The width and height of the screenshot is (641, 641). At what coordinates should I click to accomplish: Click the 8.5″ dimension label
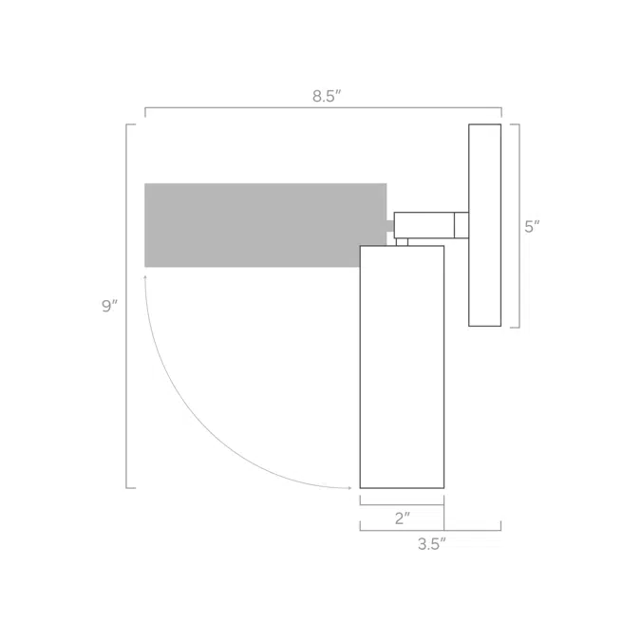[327, 96]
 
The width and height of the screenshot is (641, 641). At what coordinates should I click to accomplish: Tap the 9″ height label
[109, 306]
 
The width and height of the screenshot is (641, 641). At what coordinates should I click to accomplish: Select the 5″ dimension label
[532, 227]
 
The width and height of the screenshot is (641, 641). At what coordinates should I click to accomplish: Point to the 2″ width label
[403, 518]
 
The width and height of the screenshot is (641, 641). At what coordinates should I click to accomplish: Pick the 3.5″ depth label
[432, 544]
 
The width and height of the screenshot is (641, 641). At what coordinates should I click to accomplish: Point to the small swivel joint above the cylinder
[402, 242]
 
